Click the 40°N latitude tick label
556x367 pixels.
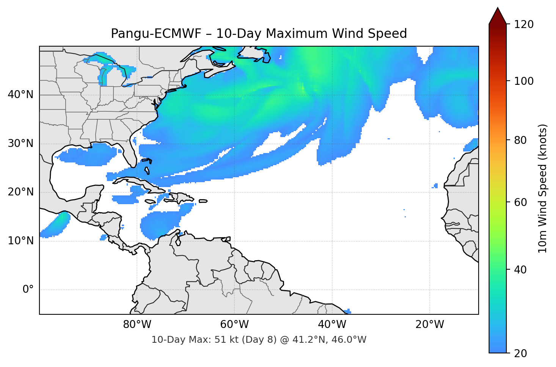click(x=20, y=95)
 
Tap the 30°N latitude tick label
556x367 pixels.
click(x=20, y=144)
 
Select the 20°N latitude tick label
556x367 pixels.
click(x=20, y=192)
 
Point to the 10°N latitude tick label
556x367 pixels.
click(x=20, y=241)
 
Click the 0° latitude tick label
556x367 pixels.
click(x=28, y=290)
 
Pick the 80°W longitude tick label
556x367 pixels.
click(x=137, y=325)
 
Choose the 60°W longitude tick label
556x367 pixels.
click(x=234, y=325)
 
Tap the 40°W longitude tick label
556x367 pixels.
click(x=332, y=325)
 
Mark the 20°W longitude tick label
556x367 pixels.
click(x=429, y=325)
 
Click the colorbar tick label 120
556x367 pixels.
click(x=523, y=24)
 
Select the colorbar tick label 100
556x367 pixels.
click(x=523, y=81)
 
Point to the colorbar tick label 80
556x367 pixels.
click(x=521, y=140)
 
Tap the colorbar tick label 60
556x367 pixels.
click(x=521, y=202)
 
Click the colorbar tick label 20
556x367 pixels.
click(x=521, y=353)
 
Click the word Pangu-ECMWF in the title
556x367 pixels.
click(x=156, y=34)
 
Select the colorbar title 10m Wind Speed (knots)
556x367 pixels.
click(x=543, y=188)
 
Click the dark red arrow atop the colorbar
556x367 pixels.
click(x=498, y=16)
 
